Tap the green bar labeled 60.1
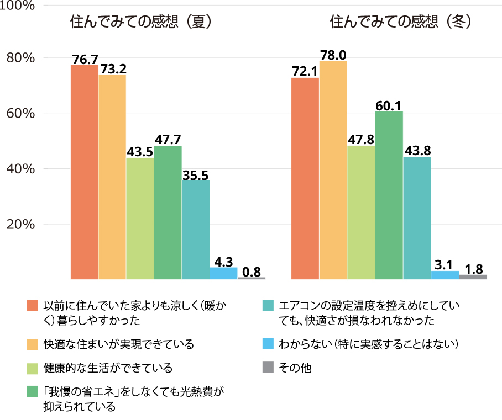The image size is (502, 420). (389, 195)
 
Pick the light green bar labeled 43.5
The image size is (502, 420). (140, 219)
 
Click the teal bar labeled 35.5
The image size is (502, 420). (196, 230)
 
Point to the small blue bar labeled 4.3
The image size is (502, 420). (223, 273)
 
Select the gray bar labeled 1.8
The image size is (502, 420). (473, 277)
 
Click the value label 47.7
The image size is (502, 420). (168, 139)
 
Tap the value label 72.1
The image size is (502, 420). (305, 71)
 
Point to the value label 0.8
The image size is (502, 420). (252, 271)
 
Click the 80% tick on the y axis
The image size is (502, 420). (21, 58)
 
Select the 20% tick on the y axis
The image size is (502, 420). (21, 224)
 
